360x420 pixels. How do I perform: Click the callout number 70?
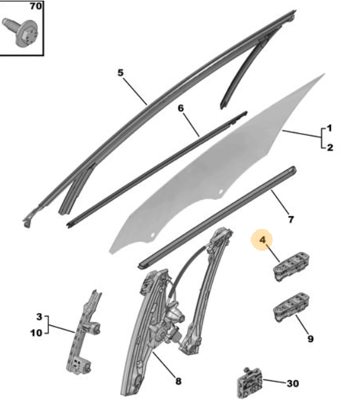35,6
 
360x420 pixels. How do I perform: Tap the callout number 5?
120,73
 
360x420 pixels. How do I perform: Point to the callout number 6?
181,108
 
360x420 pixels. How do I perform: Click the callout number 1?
330,128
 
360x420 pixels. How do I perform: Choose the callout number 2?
330,147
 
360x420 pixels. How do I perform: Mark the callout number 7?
291,219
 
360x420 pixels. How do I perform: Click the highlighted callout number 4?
262,240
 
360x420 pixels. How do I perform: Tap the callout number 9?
310,339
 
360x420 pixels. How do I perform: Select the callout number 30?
292,383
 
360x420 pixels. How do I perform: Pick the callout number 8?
178,381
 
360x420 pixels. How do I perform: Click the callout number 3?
39,316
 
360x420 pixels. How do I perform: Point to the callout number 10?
37,333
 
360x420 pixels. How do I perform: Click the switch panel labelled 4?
291,266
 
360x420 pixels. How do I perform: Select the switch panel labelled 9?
291,307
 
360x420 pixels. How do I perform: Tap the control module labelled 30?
249,383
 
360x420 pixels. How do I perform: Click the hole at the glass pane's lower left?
153,235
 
